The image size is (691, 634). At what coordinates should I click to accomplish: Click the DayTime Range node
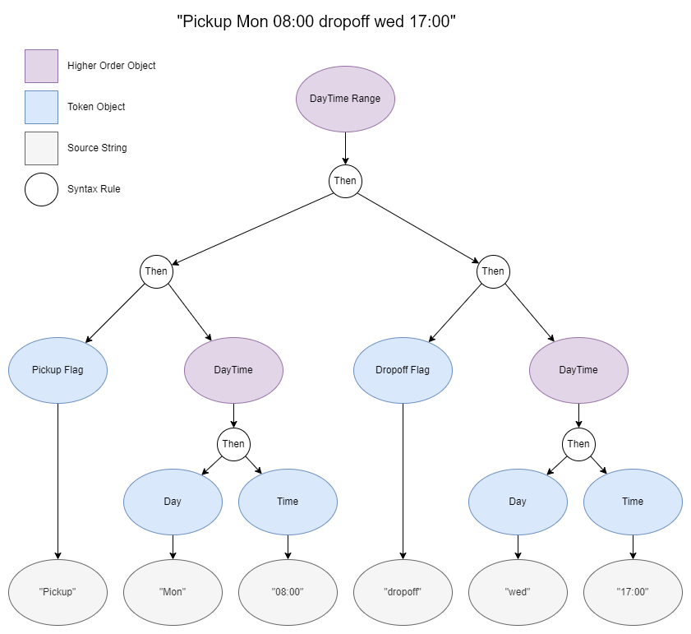(345, 99)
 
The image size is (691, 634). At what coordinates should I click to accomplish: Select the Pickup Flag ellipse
(58, 370)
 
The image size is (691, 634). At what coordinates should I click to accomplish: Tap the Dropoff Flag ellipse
(403, 370)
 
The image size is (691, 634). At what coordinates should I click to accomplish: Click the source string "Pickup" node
(58, 592)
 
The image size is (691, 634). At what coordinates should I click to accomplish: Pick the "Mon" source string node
(173, 592)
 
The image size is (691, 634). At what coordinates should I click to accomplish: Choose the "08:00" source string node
(288, 592)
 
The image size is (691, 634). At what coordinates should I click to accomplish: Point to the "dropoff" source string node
(403, 592)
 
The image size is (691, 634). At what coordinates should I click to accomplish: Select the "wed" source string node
(518, 592)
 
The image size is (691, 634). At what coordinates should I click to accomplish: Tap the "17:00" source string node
(633, 592)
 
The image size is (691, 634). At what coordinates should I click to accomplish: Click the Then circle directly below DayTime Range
(345, 181)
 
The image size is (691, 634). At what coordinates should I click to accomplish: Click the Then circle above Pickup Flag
(156, 271)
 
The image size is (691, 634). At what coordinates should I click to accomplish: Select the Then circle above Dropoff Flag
(493, 271)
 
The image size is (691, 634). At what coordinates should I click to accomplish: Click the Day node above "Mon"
(173, 502)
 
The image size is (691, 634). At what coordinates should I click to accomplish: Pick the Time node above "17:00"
(633, 502)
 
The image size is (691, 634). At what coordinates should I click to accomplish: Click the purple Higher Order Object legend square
(41, 66)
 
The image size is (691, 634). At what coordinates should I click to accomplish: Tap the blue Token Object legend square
(41, 107)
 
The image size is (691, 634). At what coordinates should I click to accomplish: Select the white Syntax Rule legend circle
(41, 189)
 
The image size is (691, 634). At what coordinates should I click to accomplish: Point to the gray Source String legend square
(41, 148)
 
